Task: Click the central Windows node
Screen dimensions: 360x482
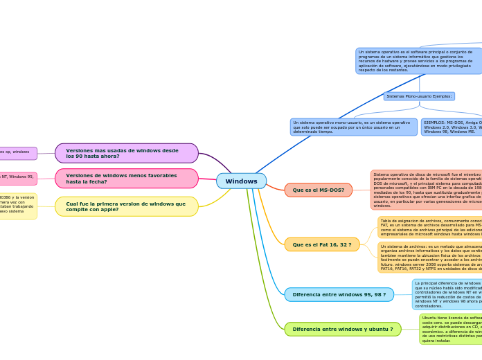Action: coord(241,181)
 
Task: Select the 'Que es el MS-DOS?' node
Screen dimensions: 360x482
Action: coord(318,190)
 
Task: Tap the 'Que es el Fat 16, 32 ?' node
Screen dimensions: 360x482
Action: coord(321,244)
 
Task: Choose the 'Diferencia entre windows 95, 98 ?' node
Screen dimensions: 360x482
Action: coord(339,294)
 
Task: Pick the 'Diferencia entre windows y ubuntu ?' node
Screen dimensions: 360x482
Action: coord(342,329)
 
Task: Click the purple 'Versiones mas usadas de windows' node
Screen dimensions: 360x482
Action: coord(126,153)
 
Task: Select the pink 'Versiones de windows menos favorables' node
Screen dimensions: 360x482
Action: coord(126,179)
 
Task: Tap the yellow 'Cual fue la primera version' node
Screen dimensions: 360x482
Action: coord(126,206)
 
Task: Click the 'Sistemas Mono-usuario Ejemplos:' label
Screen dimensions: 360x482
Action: coord(419,96)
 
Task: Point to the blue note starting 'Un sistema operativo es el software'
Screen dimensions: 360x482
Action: coord(418,61)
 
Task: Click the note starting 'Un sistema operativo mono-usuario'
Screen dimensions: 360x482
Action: coord(354,127)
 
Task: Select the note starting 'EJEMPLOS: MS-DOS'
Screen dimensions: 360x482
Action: coord(452,127)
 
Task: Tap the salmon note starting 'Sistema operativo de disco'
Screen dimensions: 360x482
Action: coord(427,190)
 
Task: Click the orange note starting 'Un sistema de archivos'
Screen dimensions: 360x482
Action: coord(430,257)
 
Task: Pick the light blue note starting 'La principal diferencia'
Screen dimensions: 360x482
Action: coord(447,294)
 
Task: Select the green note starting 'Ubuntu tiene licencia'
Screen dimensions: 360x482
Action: coord(451,329)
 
